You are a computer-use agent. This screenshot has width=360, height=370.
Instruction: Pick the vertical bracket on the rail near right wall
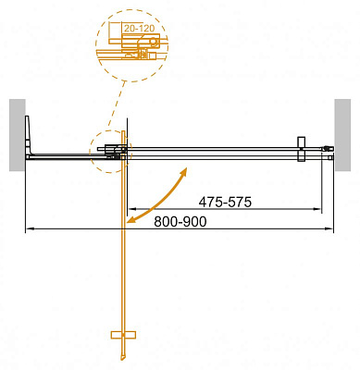point(301,151)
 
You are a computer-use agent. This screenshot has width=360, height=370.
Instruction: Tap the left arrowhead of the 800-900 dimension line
point(28,228)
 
